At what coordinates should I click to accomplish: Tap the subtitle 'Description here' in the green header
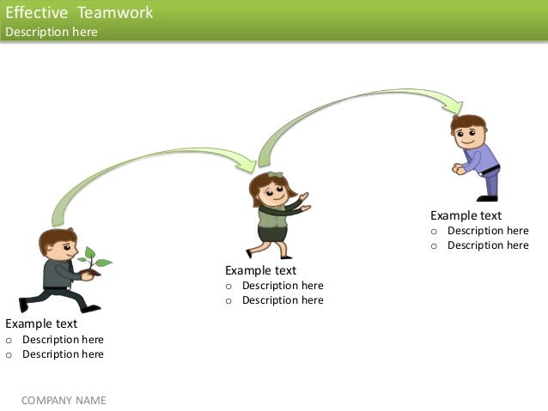pos(52,32)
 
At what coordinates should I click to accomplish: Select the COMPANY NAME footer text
pos(64,400)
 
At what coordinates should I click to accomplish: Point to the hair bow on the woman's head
pos(275,176)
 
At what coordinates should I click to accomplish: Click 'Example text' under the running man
pos(41,323)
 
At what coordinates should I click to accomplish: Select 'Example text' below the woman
pos(261,270)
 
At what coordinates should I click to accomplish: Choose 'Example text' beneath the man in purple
pos(466,215)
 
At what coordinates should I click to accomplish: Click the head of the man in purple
pos(469,130)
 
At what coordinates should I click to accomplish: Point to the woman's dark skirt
pos(272,234)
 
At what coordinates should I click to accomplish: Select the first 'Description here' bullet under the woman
pos(283,286)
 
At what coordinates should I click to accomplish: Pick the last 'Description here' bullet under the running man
pos(63,354)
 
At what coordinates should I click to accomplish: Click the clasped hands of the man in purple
pos(460,170)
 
